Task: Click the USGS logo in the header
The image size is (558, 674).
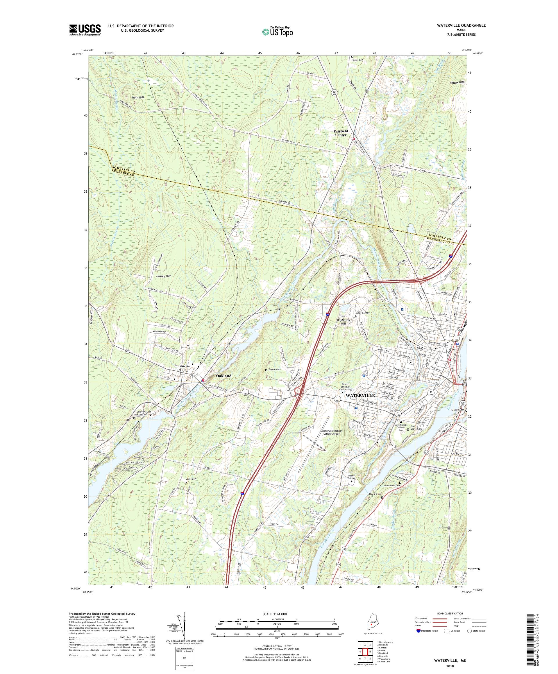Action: click(x=85, y=30)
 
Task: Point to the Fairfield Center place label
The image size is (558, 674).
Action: click(x=341, y=133)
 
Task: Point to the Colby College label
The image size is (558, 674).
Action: click(x=362, y=313)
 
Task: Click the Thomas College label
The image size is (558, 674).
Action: click(x=352, y=478)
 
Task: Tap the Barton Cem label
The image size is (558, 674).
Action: click(x=275, y=370)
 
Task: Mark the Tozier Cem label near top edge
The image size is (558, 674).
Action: click(x=358, y=60)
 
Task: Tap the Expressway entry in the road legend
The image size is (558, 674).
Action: click(x=422, y=619)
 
